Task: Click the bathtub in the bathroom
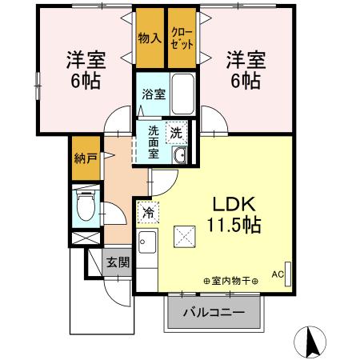pos(183,94)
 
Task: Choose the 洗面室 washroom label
pos(153,142)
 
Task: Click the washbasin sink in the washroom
pos(180,155)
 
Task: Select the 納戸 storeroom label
pos(87,158)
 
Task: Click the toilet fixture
pos(86,206)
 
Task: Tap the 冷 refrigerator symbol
pos(147,213)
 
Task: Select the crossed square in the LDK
pos(185,236)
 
